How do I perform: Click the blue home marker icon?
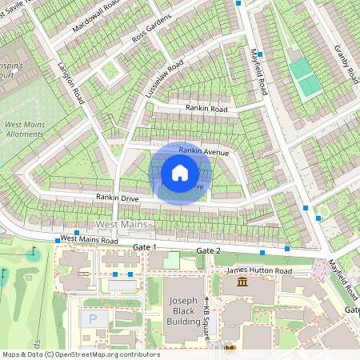click(x=180, y=173)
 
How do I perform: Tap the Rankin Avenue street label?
click(x=204, y=151)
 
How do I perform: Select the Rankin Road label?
click(x=206, y=108)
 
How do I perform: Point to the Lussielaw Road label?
click(x=164, y=78)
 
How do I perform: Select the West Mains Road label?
click(x=89, y=239)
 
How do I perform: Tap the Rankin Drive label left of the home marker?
click(x=118, y=198)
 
